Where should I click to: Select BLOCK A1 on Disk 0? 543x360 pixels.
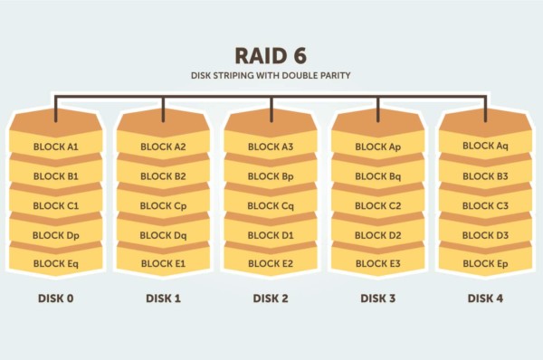click(x=56, y=146)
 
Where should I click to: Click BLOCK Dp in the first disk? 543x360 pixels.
click(x=56, y=234)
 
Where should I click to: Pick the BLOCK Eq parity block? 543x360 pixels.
click(x=56, y=263)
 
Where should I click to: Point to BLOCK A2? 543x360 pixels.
click(x=163, y=146)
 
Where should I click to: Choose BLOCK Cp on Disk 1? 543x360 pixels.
click(x=163, y=205)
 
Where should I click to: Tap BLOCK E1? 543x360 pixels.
click(x=163, y=263)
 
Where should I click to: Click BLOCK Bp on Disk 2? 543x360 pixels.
click(x=271, y=175)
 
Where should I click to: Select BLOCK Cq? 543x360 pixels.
click(x=271, y=205)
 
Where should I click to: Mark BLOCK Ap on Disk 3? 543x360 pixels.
click(x=378, y=146)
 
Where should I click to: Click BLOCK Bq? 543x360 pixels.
click(x=378, y=175)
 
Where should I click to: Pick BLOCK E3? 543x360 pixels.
click(x=378, y=263)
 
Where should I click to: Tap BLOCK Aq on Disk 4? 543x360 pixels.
click(x=485, y=146)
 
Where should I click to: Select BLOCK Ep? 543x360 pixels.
click(x=485, y=263)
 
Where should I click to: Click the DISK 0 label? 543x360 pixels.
click(x=56, y=297)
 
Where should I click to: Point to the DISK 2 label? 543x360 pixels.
click(x=271, y=297)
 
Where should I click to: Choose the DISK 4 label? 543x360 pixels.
click(x=485, y=297)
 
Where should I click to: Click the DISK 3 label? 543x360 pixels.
click(x=378, y=297)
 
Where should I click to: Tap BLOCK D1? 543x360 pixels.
click(x=271, y=234)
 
